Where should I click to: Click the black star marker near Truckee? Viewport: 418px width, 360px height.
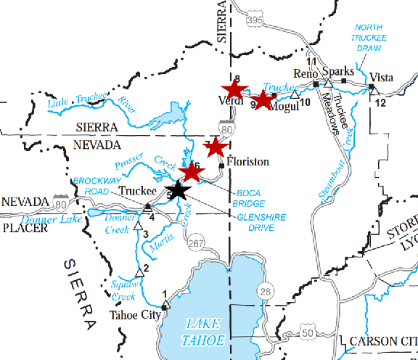coord(179,190)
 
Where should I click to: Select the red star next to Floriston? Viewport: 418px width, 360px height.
coord(215,147)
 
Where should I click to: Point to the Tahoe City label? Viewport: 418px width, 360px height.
coord(134,315)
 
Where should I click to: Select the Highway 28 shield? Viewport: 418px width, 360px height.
coord(266,291)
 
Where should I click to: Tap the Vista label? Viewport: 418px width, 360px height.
coord(382,77)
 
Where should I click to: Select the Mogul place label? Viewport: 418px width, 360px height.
coord(283,107)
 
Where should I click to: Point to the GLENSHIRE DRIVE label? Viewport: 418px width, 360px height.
coord(261,222)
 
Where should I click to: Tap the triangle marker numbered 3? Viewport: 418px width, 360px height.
coord(137,226)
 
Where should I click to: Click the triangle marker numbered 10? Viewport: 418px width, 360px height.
coord(294,94)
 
